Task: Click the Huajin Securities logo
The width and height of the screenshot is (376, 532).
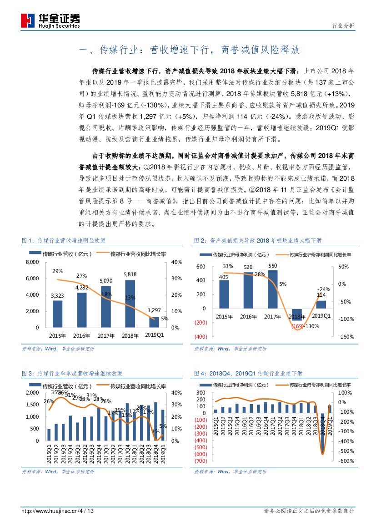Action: coord(50,20)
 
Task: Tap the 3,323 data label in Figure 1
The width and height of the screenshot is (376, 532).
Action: coord(57,296)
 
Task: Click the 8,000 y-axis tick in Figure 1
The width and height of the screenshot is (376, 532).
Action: coord(32,262)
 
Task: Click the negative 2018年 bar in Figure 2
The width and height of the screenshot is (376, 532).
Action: coord(297,314)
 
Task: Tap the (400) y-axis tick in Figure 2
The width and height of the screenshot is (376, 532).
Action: coord(201,336)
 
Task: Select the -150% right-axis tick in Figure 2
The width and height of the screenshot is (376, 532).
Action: coord(346,336)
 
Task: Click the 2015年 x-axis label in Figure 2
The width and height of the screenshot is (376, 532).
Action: coord(224,316)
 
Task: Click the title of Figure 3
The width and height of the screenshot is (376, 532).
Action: coord(72,373)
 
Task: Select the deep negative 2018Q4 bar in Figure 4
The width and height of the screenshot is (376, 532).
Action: coord(323,433)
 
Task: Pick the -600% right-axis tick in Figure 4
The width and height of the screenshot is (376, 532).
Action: coord(346,461)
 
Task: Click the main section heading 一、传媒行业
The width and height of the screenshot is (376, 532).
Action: coord(189,50)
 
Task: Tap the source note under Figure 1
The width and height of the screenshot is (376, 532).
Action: coord(58,349)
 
